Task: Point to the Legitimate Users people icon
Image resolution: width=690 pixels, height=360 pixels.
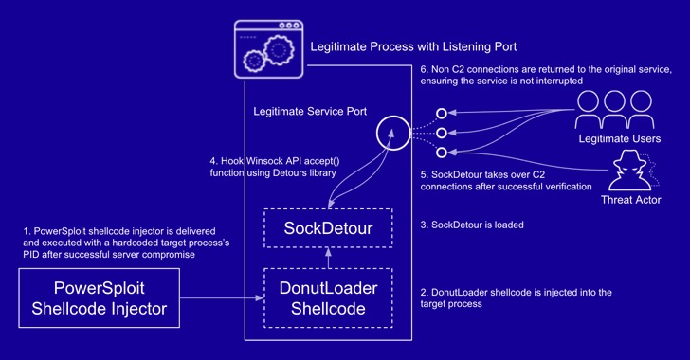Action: pyautogui.click(x=615, y=109)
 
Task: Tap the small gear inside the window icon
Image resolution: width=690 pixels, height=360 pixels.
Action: pyautogui.click(x=254, y=61)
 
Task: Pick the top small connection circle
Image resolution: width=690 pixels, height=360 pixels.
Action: pyautogui.click(x=442, y=114)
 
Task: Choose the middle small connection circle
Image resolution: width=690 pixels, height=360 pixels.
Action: pyautogui.click(x=442, y=133)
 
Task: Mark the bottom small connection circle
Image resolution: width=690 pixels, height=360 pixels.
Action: pyautogui.click(x=442, y=153)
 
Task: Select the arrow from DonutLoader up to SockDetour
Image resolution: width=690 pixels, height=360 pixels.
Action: pyautogui.click(x=328, y=258)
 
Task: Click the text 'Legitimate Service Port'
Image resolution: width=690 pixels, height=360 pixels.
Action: pyautogui.click(x=310, y=112)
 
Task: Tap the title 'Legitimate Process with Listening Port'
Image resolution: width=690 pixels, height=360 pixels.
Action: pyautogui.click(x=413, y=46)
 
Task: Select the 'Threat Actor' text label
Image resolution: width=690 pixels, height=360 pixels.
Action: pyautogui.click(x=631, y=200)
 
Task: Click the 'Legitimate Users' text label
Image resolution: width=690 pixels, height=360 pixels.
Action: pyautogui.click(x=620, y=138)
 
